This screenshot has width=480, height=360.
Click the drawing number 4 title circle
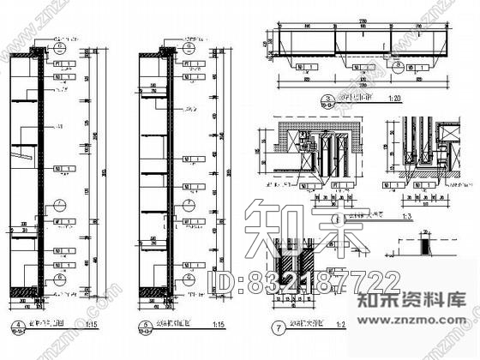[17, 324]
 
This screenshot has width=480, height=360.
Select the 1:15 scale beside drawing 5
[218, 326]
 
